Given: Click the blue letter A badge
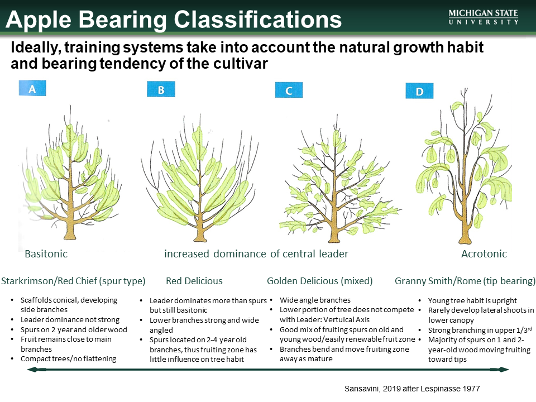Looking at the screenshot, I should pos(32,88).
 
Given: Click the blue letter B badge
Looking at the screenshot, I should pos(160,89).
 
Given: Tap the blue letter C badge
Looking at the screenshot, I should pos(289,90).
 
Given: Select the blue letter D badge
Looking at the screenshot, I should pos(419,91).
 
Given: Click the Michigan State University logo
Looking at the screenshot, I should pos(483,17).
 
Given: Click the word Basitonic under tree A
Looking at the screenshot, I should pos(46,254).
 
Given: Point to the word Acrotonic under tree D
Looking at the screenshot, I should pos(484,254).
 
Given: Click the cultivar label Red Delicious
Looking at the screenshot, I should pos(194,281).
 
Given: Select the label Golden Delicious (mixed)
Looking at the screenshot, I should pos(319,281).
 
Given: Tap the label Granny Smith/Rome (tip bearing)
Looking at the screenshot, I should pos(465,281).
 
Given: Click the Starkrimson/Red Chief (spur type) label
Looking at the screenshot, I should pos(74,281).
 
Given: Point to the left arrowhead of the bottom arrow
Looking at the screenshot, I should pos(32,370).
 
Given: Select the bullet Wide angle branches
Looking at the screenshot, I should pos(315,300).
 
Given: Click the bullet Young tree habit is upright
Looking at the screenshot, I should pos(472,300).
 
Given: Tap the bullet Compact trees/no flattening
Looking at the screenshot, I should pos(68,358).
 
